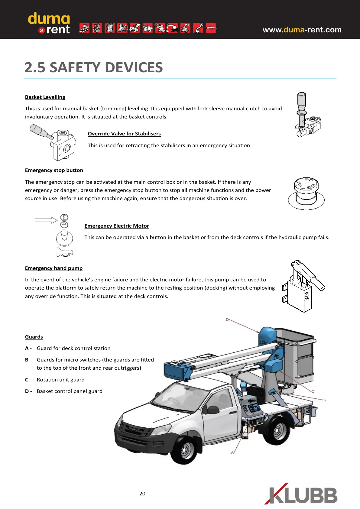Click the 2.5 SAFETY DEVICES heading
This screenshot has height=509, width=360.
click(x=94, y=67)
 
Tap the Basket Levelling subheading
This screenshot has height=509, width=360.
click(x=45, y=97)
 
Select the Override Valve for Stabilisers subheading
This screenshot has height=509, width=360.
click(x=124, y=134)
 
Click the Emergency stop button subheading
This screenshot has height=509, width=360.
click(x=54, y=170)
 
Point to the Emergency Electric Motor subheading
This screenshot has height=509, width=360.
click(x=117, y=226)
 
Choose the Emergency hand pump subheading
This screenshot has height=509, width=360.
click(x=54, y=268)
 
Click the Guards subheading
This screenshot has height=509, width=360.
click(x=34, y=337)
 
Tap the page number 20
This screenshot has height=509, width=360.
click(x=142, y=494)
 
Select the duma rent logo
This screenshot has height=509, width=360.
click(x=49, y=23)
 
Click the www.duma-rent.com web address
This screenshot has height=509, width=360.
click(x=302, y=30)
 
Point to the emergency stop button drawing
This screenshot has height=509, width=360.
click(x=306, y=193)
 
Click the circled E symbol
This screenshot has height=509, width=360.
click(x=64, y=217)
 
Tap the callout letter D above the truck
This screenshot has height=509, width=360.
click(x=227, y=319)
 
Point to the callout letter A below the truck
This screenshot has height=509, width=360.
click(x=232, y=452)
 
